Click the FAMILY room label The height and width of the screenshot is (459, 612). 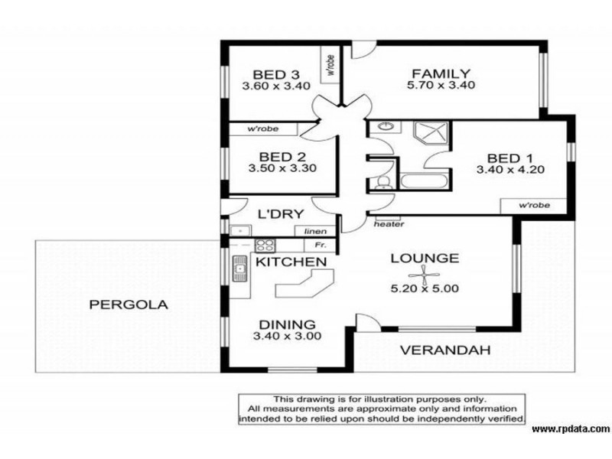click(441, 73)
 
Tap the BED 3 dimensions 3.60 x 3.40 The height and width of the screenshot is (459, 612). click(276, 86)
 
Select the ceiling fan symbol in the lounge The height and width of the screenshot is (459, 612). click(425, 275)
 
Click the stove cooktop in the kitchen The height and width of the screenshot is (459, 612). click(265, 246)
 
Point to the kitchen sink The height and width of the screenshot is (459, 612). click(239, 269)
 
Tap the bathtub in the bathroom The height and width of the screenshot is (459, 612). click(424, 182)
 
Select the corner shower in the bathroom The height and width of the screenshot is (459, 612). click(431, 133)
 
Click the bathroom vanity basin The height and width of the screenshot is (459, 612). click(386, 126)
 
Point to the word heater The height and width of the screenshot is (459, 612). click(389, 224)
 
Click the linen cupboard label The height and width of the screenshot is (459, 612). click(315, 232)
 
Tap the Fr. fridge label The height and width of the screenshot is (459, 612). click(320, 246)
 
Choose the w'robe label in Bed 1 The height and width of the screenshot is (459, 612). click(534, 205)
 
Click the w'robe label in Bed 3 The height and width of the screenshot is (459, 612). click(331, 65)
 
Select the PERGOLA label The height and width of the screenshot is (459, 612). click(129, 304)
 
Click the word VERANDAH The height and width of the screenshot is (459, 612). click(445, 350)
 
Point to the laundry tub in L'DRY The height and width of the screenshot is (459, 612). click(239, 231)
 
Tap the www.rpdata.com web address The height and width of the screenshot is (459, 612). click(571, 429)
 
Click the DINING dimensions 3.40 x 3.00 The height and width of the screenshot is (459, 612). click(288, 336)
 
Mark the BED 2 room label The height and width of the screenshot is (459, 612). click(282, 157)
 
